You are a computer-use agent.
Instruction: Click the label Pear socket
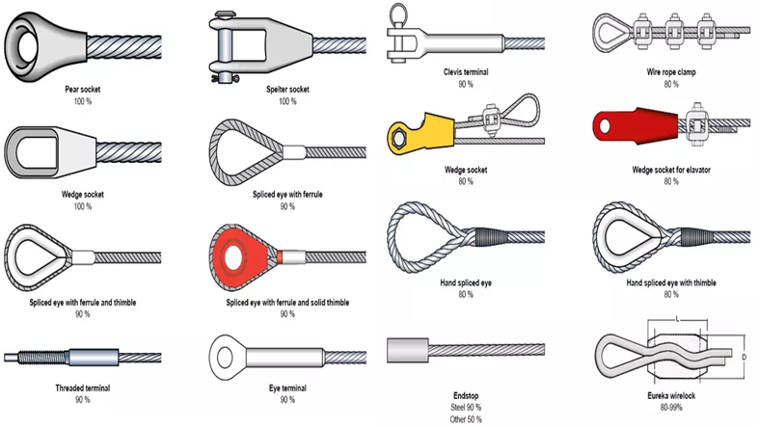pos(82,90)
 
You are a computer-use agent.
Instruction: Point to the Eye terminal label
pos(287,388)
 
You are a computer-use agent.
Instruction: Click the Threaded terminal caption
pos(82,388)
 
